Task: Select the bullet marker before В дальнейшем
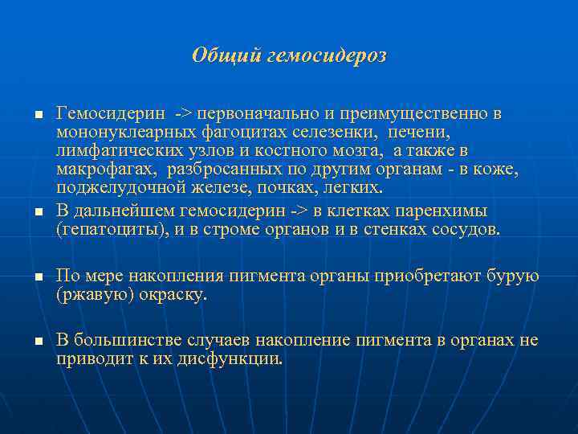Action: coord(37,212)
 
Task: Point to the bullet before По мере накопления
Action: coord(37,277)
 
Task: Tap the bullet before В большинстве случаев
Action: coord(37,342)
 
